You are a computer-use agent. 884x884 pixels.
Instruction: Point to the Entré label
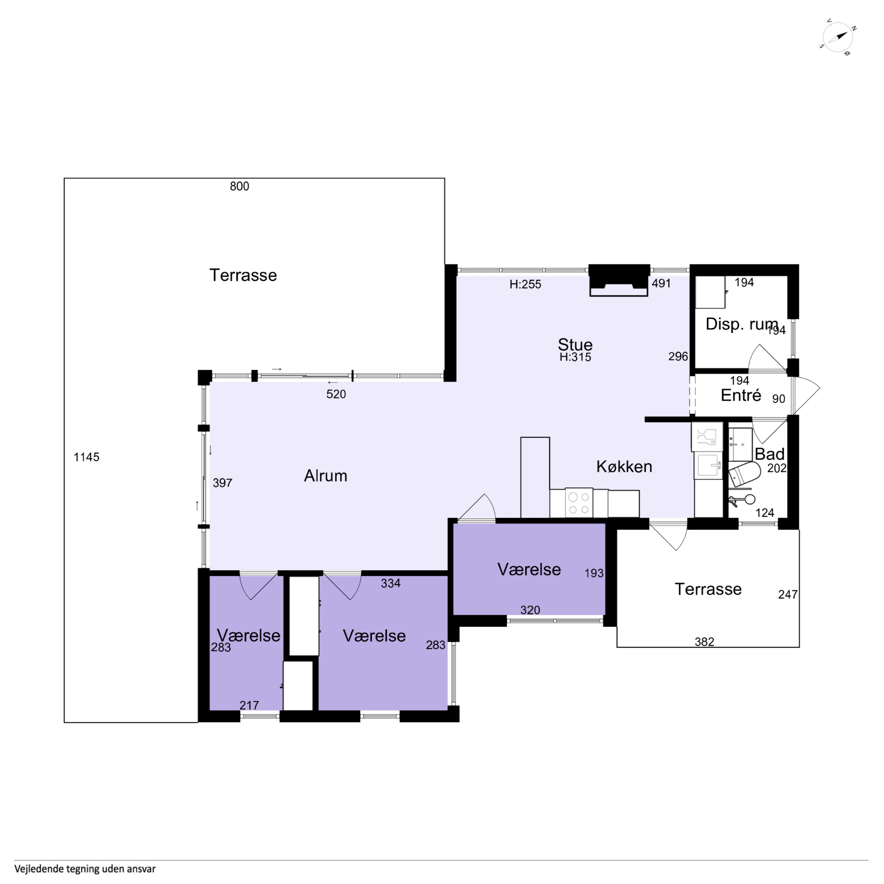[741, 395]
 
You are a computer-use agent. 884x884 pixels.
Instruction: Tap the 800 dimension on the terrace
[239, 186]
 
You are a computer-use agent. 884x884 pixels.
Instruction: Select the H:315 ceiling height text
[575, 357]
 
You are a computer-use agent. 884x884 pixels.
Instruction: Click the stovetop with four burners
[579, 503]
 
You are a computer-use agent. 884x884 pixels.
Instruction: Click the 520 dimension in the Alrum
[336, 394]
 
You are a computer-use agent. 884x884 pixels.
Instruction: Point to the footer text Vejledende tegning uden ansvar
[85, 869]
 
